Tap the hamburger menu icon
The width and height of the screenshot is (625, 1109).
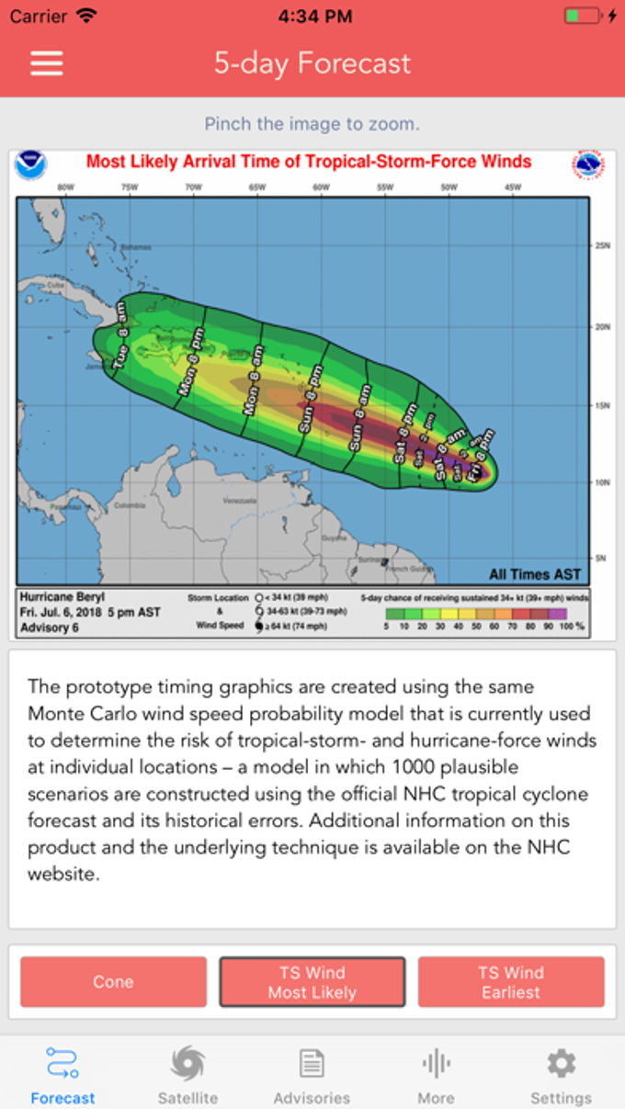click(x=47, y=63)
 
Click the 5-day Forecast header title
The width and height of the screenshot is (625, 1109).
click(x=312, y=63)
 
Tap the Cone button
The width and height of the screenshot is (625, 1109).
click(x=113, y=981)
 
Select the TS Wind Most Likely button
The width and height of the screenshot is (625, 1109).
click(x=312, y=981)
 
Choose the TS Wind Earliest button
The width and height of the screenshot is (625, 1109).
click(x=511, y=981)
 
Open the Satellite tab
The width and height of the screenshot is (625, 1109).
click(x=187, y=1076)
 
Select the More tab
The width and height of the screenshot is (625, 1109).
click(x=436, y=1076)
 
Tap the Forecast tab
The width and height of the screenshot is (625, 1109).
click(x=62, y=1076)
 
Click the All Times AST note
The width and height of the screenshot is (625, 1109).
click(x=535, y=574)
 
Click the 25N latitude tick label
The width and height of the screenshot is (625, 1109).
click(x=603, y=246)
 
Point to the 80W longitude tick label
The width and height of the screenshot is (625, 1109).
click(x=65, y=187)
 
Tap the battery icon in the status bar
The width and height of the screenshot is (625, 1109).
click(x=584, y=16)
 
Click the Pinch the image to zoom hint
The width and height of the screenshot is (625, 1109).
click(x=312, y=123)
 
